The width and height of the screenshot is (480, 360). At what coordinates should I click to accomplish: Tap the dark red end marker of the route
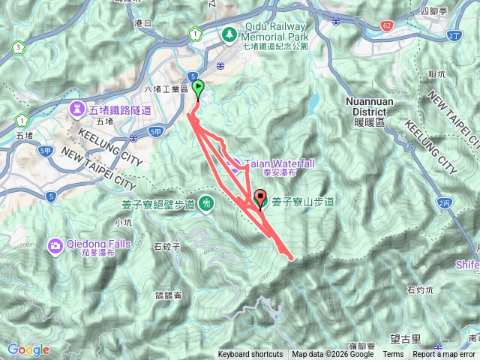[261, 199]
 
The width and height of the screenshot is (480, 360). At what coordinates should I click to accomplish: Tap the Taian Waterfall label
[277, 163]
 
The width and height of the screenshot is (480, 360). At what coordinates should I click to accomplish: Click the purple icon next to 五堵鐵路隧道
[78, 109]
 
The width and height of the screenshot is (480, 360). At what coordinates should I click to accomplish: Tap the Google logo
[28, 349]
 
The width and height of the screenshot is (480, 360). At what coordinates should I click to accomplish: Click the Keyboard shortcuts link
[250, 355]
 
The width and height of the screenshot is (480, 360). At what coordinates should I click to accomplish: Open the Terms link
[392, 355]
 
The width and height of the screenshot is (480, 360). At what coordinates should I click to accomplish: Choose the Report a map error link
[444, 355]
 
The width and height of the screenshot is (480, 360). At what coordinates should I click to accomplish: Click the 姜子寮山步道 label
[303, 201]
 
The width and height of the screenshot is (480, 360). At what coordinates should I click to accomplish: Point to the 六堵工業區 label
[165, 89]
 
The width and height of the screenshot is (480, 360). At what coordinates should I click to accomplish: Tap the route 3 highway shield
[18, 48]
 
